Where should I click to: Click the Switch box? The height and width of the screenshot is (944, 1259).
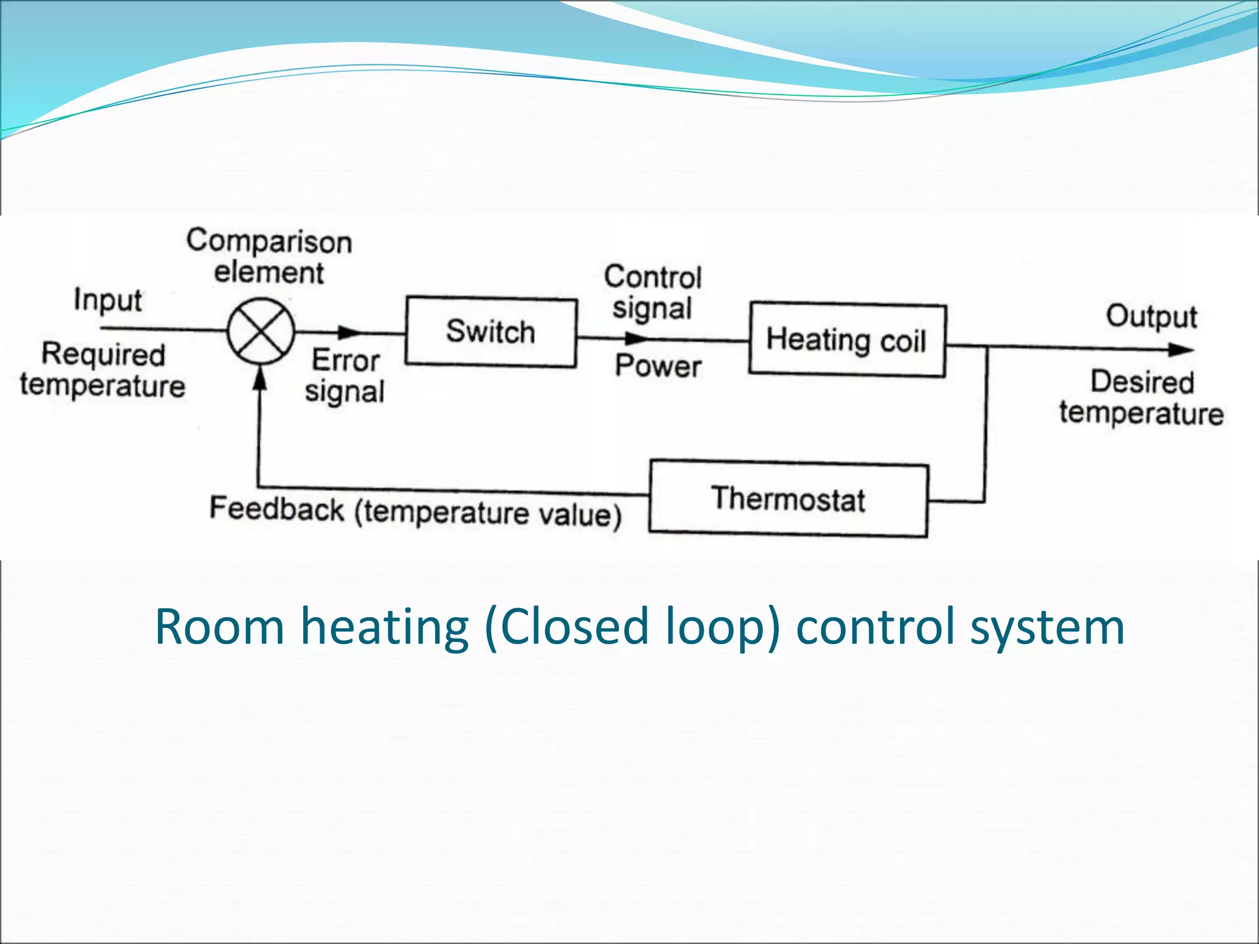pyautogui.click(x=491, y=332)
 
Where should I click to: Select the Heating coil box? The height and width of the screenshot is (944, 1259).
pyautogui.click(x=847, y=339)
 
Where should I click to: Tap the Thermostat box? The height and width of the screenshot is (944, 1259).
pyautogui.click(x=788, y=499)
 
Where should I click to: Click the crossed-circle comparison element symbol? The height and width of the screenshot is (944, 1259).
pyautogui.click(x=261, y=331)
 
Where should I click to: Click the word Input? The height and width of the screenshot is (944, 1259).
pyautogui.click(x=108, y=301)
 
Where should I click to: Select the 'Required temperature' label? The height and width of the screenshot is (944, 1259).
pyautogui.click(x=103, y=370)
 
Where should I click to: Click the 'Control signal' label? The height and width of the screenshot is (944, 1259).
pyautogui.click(x=652, y=293)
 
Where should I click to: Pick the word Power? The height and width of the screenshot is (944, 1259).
pyautogui.click(x=658, y=366)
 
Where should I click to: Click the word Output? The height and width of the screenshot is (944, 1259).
pyautogui.click(x=1151, y=317)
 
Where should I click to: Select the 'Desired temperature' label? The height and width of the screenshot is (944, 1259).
pyautogui.click(x=1142, y=398)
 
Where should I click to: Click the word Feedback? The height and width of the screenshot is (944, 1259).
pyautogui.click(x=277, y=509)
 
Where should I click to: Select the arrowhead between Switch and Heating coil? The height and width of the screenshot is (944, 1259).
pyautogui.click(x=636, y=339)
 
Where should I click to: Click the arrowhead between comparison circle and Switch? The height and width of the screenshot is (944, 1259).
pyautogui.click(x=351, y=332)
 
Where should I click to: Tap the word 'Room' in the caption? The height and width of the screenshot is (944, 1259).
pyautogui.click(x=219, y=627)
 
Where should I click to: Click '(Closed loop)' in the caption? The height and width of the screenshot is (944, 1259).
pyautogui.click(x=633, y=627)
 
